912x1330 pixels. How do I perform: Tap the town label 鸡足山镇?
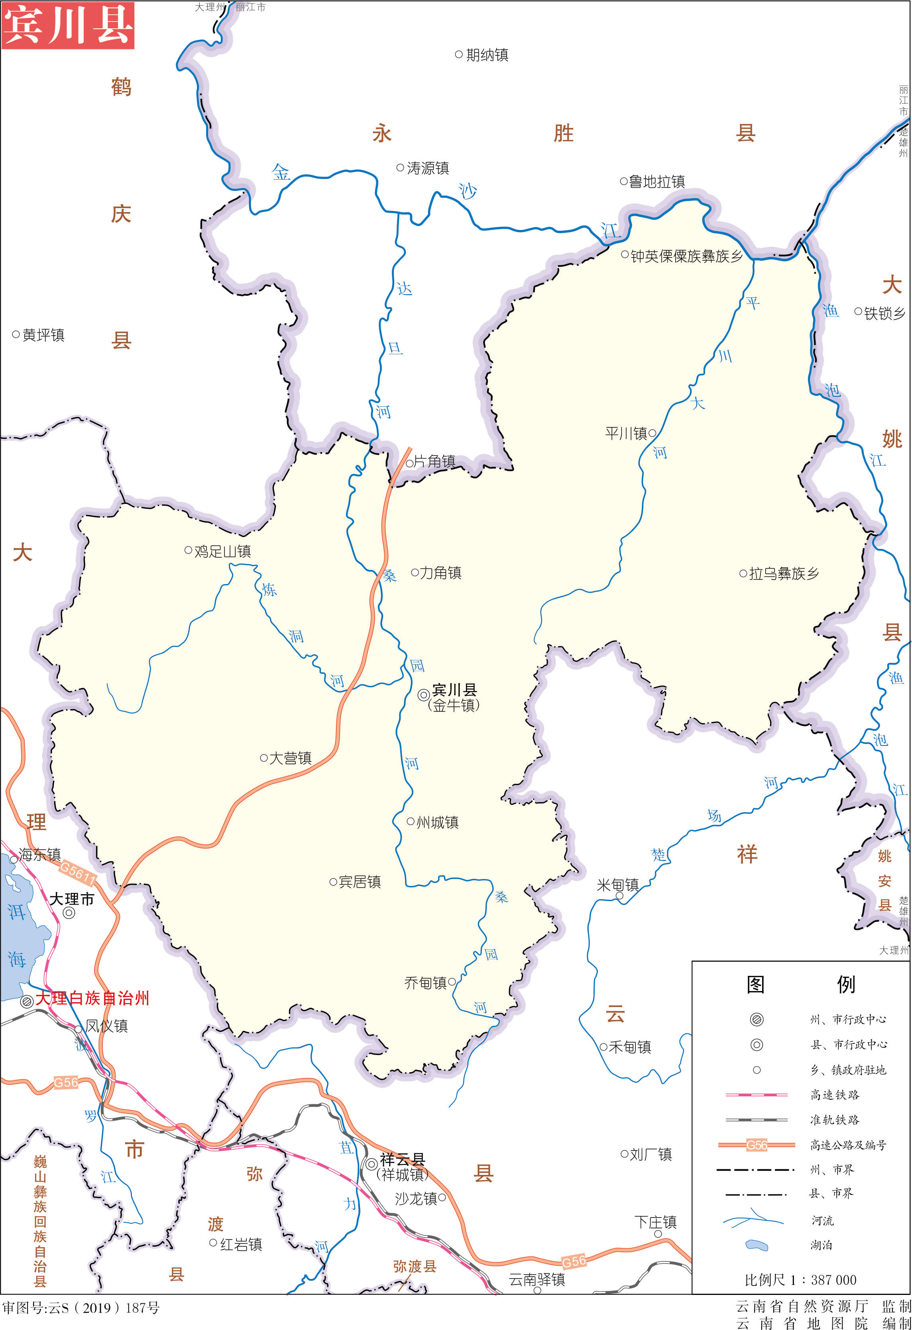coord(222,552)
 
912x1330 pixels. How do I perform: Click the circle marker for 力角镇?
coord(415,572)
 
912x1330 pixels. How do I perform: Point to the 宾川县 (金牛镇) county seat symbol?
coord(423,695)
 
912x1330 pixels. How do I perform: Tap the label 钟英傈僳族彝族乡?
coord(686,256)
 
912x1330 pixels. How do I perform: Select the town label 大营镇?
coord(290,758)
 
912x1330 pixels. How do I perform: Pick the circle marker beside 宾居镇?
coord(333,882)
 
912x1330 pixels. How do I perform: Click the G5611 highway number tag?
coord(78,873)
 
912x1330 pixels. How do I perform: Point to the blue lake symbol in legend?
coord(757,1245)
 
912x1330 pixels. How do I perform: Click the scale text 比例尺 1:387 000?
coord(800,1280)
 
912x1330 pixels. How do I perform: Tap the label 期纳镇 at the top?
coord(487,55)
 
